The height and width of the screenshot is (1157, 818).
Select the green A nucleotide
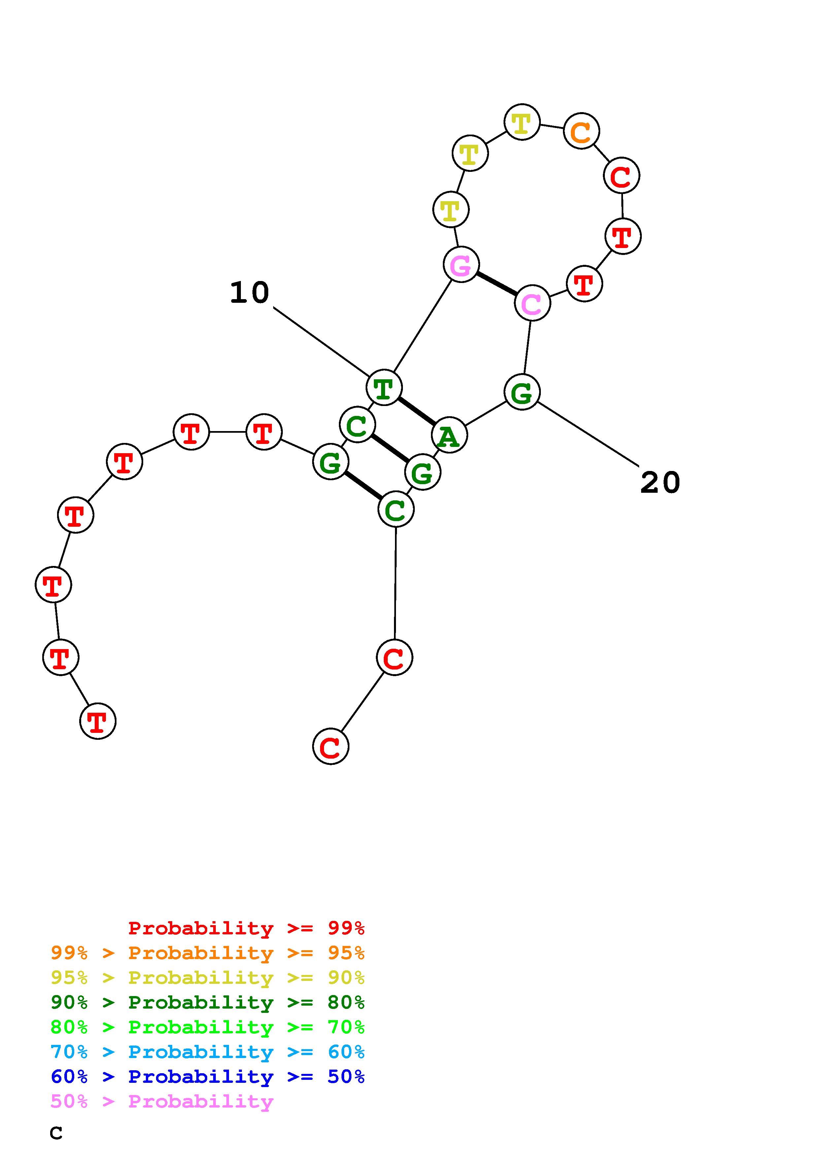click(449, 435)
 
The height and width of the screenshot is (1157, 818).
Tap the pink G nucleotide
click(461, 265)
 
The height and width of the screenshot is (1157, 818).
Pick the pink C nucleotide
click(532, 303)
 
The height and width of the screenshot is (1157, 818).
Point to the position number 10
click(249, 293)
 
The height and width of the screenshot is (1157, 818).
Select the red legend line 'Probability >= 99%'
click(246, 928)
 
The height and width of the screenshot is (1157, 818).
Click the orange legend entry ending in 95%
click(208, 953)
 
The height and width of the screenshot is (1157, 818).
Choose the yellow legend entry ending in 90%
click(208, 978)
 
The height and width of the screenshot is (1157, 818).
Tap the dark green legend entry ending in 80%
click(208, 1002)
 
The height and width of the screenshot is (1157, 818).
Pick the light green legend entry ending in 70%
click(208, 1027)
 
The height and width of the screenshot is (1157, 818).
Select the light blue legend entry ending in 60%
click(208, 1052)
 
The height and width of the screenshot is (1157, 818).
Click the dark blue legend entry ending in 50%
click(208, 1077)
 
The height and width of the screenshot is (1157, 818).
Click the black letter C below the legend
click(56, 1133)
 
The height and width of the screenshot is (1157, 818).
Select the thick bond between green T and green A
click(417, 411)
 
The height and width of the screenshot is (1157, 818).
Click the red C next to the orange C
click(621, 176)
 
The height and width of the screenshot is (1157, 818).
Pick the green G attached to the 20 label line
click(522, 392)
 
